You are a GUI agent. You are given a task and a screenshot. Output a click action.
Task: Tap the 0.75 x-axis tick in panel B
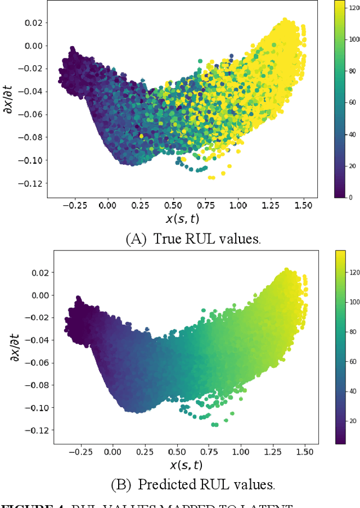pyautogui.click(x=209, y=452)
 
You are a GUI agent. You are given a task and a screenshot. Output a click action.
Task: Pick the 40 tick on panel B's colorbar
pyautogui.click(x=353, y=391)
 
